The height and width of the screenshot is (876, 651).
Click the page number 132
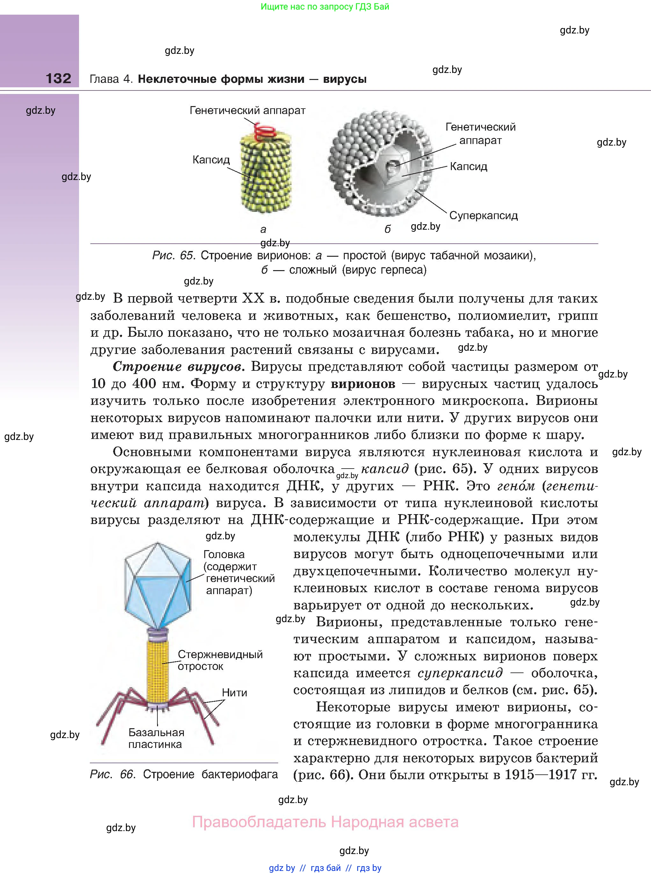coord(58,78)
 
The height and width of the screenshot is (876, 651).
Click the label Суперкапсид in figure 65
coord(483,215)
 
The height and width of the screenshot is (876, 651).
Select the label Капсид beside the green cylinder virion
coord(211,160)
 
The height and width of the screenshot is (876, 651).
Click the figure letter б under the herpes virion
coord(387,229)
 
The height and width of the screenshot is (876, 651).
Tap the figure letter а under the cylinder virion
coord(263,229)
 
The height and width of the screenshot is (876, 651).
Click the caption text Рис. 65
coord(173,255)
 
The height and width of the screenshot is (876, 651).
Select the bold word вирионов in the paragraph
coord(363,384)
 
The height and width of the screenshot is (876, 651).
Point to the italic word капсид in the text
coord(385,469)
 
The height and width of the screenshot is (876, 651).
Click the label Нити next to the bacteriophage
coord(234,693)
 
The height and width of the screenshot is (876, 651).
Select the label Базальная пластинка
coord(156,738)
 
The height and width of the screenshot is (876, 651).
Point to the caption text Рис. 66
coord(113,774)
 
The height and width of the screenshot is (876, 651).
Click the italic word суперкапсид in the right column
coord(460,673)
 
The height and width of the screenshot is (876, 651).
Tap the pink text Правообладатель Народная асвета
coord(325,822)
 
